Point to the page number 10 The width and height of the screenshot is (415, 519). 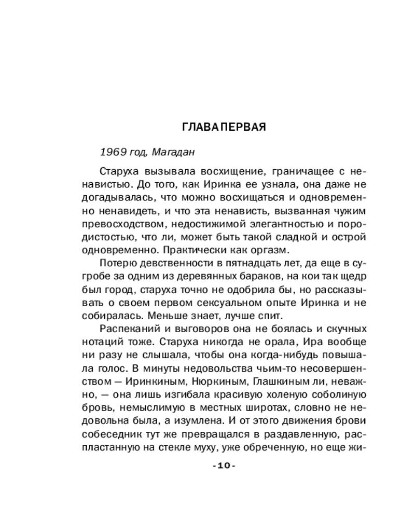(x=224, y=466)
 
